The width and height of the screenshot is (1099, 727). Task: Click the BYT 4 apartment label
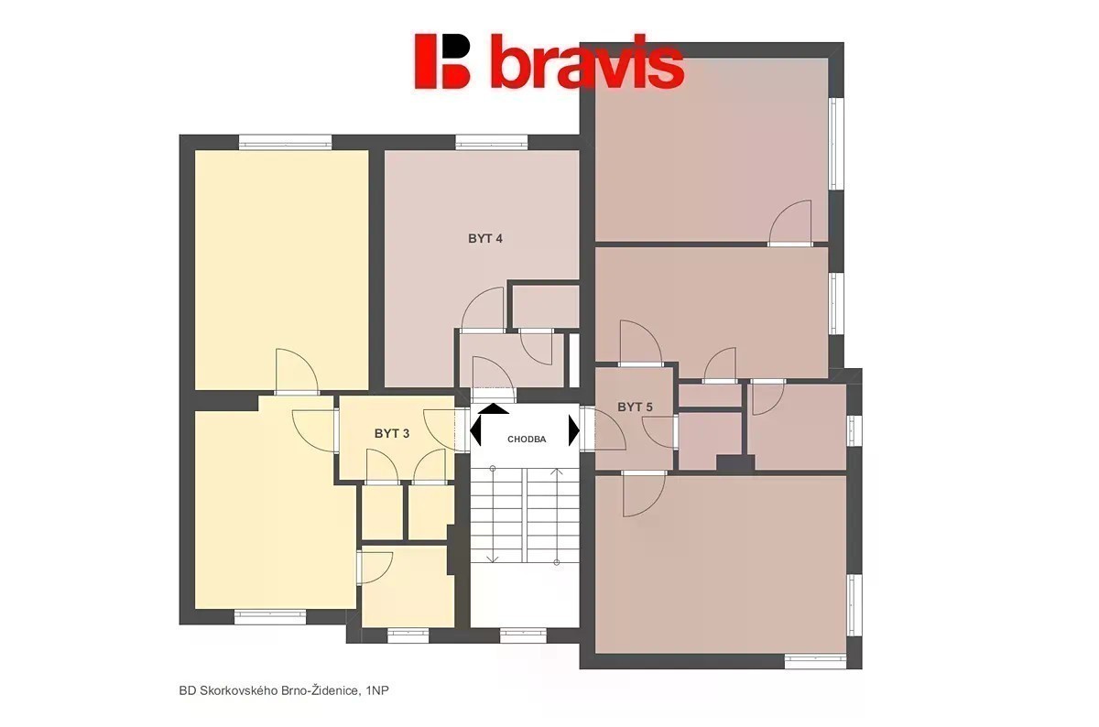point(485,239)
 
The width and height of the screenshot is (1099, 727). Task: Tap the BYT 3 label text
point(392,434)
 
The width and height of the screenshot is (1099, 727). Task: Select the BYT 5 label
point(635,407)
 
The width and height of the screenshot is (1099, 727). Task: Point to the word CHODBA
point(527,439)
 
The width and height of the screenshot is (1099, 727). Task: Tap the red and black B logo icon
point(442,61)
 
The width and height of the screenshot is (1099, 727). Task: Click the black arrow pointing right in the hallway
point(574,430)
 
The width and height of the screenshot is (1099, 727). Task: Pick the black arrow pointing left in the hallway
point(475,430)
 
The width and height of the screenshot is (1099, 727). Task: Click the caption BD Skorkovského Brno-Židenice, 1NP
point(284,690)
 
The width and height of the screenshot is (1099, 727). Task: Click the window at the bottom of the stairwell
point(523,636)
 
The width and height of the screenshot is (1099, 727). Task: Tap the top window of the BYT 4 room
point(492,142)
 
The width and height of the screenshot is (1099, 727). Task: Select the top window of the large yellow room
point(285,142)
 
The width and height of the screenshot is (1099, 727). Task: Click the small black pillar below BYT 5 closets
point(734,462)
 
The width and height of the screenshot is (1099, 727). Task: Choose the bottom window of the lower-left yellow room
point(270,617)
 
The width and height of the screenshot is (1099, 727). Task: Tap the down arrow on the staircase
point(493,515)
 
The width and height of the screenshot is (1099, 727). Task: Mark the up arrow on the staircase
point(557,517)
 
